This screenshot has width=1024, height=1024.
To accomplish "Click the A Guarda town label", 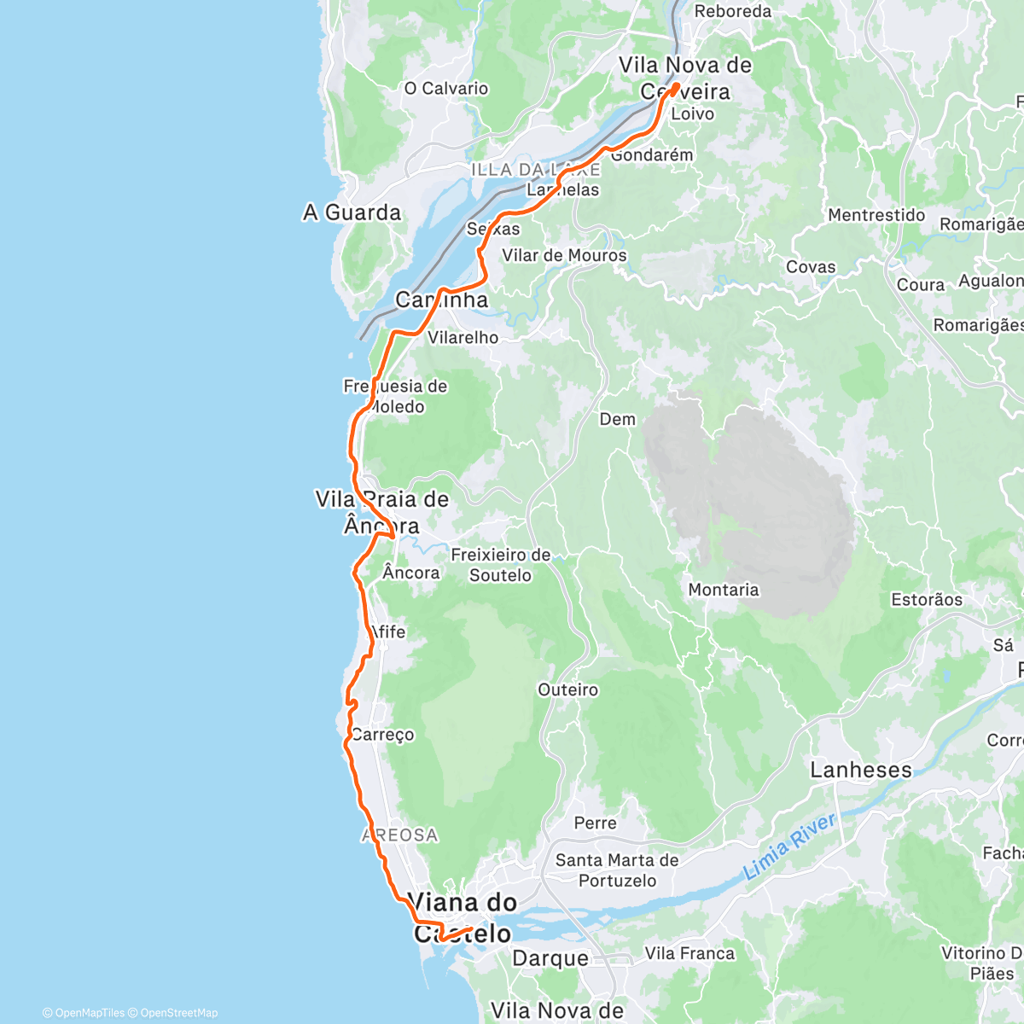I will (x=352, y=212).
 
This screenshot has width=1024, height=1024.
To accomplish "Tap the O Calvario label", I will (x=446, y=89).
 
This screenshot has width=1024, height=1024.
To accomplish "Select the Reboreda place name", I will (x=732, y=11).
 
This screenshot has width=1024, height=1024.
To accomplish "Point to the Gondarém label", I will (x=653, y=155).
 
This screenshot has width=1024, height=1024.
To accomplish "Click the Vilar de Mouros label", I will (x=564, y=255).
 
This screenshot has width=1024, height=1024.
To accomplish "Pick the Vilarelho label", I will (x=463, y=337).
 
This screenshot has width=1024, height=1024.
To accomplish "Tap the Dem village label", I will (x=618, y=419).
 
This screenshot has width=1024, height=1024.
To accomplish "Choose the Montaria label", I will (x=724, y=590).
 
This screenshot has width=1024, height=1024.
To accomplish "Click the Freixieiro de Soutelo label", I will (x=501, y=565).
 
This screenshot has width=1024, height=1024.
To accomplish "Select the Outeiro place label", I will (x=568, y=689).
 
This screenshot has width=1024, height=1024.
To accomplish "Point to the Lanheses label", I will (x=861, y=771).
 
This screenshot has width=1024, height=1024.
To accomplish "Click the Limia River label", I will (x=790, y=847).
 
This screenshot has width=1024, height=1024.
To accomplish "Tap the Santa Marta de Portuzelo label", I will (x=617, y=870).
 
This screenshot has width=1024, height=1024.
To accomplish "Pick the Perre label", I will (x=595, y=823).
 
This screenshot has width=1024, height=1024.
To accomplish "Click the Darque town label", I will (x=550, y=959).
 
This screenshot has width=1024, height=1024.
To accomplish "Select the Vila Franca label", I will (x=689, y=953).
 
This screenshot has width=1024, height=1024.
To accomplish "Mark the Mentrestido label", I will (x=876, y=215).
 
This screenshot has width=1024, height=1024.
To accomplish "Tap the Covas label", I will (x=811, y=267).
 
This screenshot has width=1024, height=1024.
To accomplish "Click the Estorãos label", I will (x=927, y=600).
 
